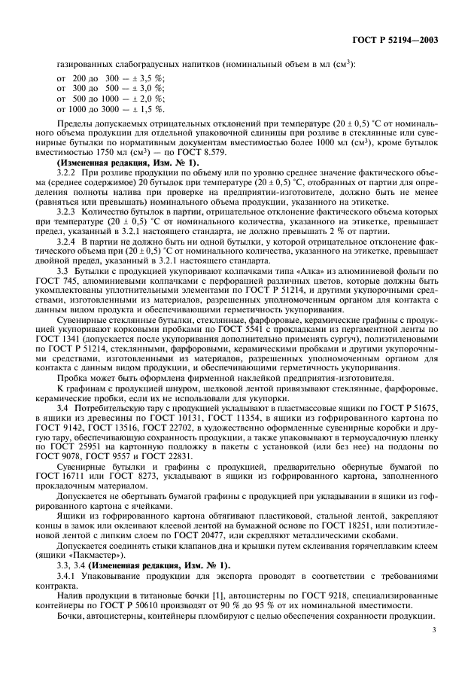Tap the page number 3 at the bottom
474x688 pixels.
click(435, 645)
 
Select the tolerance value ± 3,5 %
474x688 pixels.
click(151, 78)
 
